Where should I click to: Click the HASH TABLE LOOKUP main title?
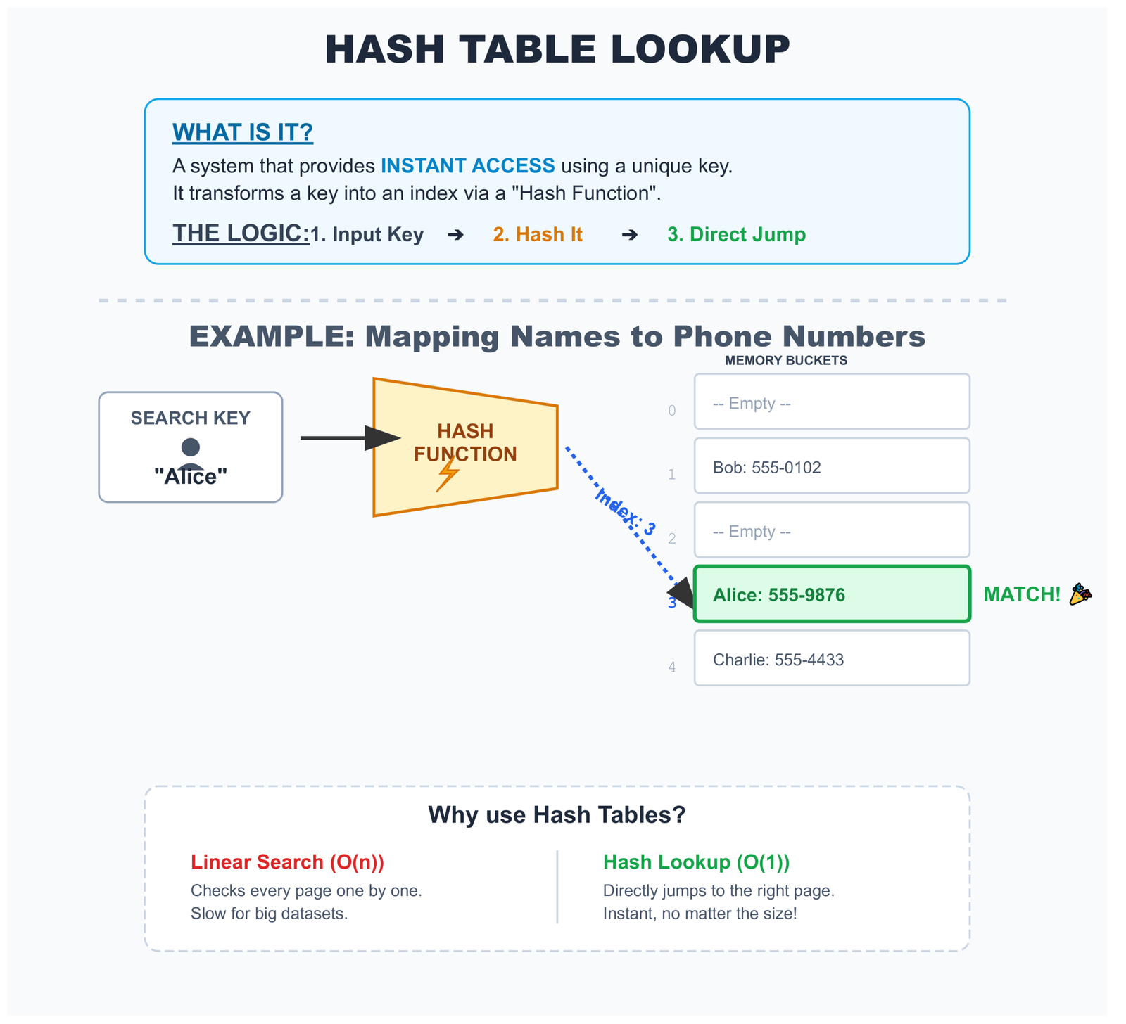[x=557, y=50]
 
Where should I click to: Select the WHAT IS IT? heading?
[x=243, y=132]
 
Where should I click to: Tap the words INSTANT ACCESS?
[x=467, y=166]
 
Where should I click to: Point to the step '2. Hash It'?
[x=538, y=234]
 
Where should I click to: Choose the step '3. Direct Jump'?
[x=736, y=234]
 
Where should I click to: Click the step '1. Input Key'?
[x=367, y=234]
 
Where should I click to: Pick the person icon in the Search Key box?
[x=191, y=452]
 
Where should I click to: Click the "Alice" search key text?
[x=191, y=477]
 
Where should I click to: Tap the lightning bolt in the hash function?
[x=448, y=474]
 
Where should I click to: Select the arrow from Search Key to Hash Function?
[x=348, y=438]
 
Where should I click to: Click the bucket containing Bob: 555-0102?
[x=832, y=466]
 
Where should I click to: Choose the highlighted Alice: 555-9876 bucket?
[x=832, y=594]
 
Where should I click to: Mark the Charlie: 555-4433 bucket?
[x=832, y=658]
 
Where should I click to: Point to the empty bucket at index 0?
[x=832, y=402]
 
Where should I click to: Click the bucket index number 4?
[x=672, y=667]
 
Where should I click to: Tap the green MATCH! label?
[x=1021, y=594]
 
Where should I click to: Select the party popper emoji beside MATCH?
[x=1080, y=594]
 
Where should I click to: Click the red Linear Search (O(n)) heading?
[x=287, y=862]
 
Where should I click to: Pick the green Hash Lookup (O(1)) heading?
[x=696, y=862]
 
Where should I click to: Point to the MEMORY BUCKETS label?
[x=786, y=361]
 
